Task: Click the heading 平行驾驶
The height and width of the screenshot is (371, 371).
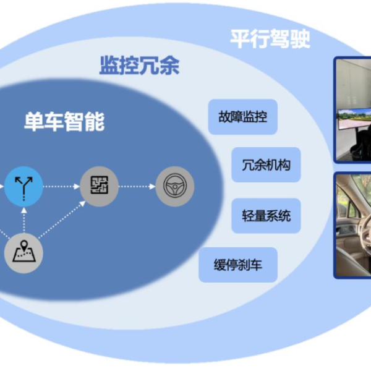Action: (x=270, y=38)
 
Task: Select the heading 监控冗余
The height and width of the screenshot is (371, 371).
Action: (x=139, y=66)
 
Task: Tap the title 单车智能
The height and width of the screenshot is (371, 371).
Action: (x=64, y=121)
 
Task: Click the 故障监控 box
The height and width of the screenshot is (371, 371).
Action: (x=243, y=117)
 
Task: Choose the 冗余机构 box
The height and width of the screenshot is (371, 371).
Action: (x=266, y=164)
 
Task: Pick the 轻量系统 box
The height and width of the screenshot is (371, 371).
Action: (x=266, y=216)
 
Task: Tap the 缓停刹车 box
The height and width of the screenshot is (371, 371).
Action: (x=238, y=265)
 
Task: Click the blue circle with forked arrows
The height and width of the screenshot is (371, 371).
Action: (x=23, y=187)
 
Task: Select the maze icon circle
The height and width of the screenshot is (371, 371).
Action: (x=100, y=187)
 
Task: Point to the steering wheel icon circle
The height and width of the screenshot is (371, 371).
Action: (x=175, y=187)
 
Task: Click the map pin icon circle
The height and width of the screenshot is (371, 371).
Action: (x=23, y=253)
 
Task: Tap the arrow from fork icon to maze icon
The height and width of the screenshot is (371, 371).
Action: (x=61, y=187)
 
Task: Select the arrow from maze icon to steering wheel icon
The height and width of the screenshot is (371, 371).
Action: (x=137, y=187)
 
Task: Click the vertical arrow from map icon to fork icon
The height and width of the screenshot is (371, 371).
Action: (x=23, y=220)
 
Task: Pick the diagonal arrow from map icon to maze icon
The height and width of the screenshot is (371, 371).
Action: (x=62, y=219)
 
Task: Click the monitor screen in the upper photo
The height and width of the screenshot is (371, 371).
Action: (x=354, y=119)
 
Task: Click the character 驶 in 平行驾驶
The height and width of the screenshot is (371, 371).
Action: (x=300, y=38)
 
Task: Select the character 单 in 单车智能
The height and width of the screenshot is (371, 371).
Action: (x=34, y=121)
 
